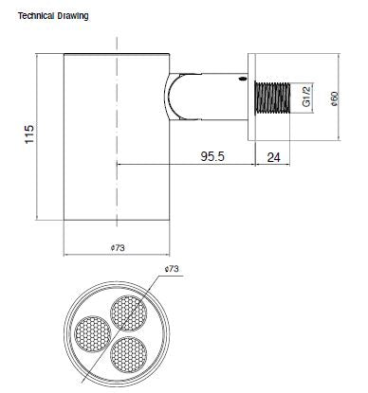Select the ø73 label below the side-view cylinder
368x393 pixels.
click(x=118, y=248)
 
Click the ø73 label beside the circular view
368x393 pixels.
click(x=172, y=271)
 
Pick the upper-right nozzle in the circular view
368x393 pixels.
click(x=129, y=311)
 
